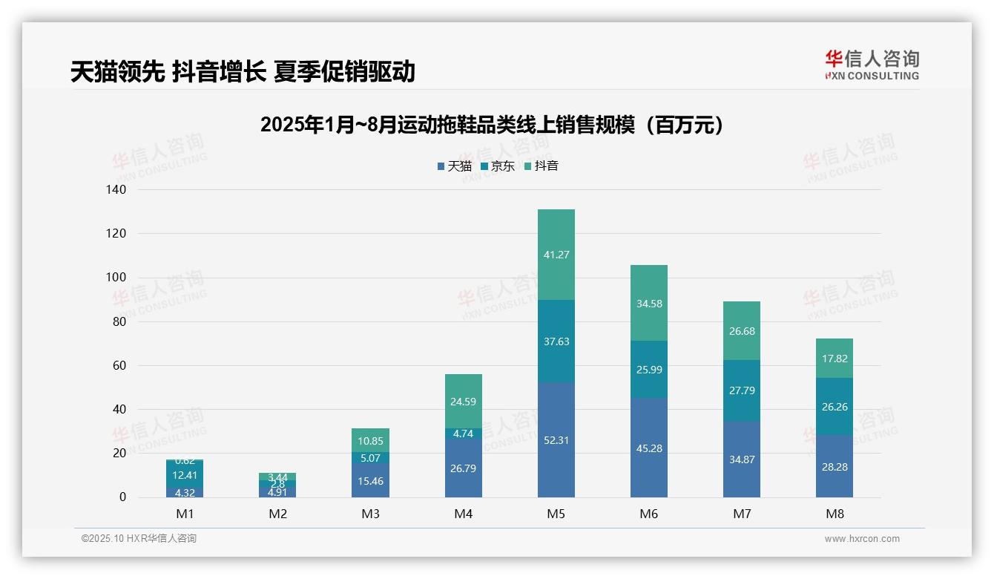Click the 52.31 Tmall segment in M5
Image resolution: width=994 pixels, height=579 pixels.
556,439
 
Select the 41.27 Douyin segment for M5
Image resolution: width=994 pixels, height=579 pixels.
556,255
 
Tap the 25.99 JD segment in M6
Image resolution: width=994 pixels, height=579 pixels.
649,369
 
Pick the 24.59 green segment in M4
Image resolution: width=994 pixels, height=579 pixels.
463,402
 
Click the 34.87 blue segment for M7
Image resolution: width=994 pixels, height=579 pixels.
742,459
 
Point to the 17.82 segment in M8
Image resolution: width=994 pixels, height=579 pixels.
835,359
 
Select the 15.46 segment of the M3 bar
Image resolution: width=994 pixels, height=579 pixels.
370,481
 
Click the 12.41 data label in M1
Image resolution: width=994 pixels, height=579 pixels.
185,475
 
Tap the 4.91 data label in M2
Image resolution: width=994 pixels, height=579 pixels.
277,491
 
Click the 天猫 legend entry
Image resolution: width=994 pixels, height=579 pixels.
455,166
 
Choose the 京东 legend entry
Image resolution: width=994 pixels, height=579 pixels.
498,166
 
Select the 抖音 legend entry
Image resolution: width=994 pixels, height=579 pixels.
542,166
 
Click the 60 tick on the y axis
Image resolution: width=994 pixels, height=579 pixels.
118,365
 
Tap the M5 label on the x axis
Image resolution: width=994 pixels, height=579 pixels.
556,514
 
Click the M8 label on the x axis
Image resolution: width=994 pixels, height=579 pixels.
835,514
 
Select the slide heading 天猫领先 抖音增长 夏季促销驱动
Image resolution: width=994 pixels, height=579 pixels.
243,72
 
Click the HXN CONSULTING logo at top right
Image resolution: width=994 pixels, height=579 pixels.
872,65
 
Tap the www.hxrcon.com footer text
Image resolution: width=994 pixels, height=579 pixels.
862,539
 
